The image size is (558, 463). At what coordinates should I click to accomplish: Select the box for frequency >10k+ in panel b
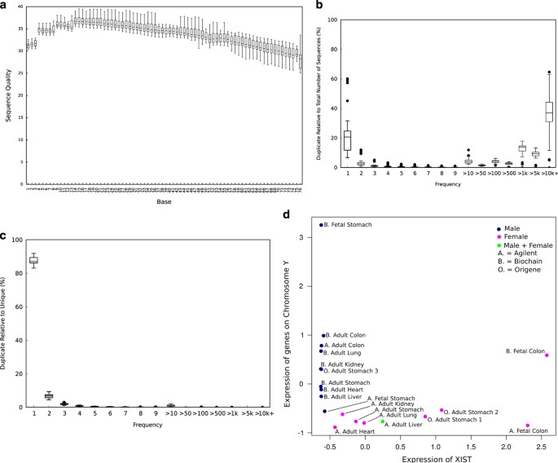click(x=549, y=112)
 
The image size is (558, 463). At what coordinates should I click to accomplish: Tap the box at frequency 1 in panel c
click(x=33, y=260)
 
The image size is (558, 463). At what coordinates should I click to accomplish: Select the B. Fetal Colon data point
click(x=547, y=355)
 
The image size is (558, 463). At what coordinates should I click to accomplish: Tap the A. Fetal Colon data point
click(x=528, y=426)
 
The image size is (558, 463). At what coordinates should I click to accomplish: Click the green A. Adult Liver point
click(x=382, y=421)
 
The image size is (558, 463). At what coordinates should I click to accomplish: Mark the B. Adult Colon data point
click(x=323, y=335)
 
